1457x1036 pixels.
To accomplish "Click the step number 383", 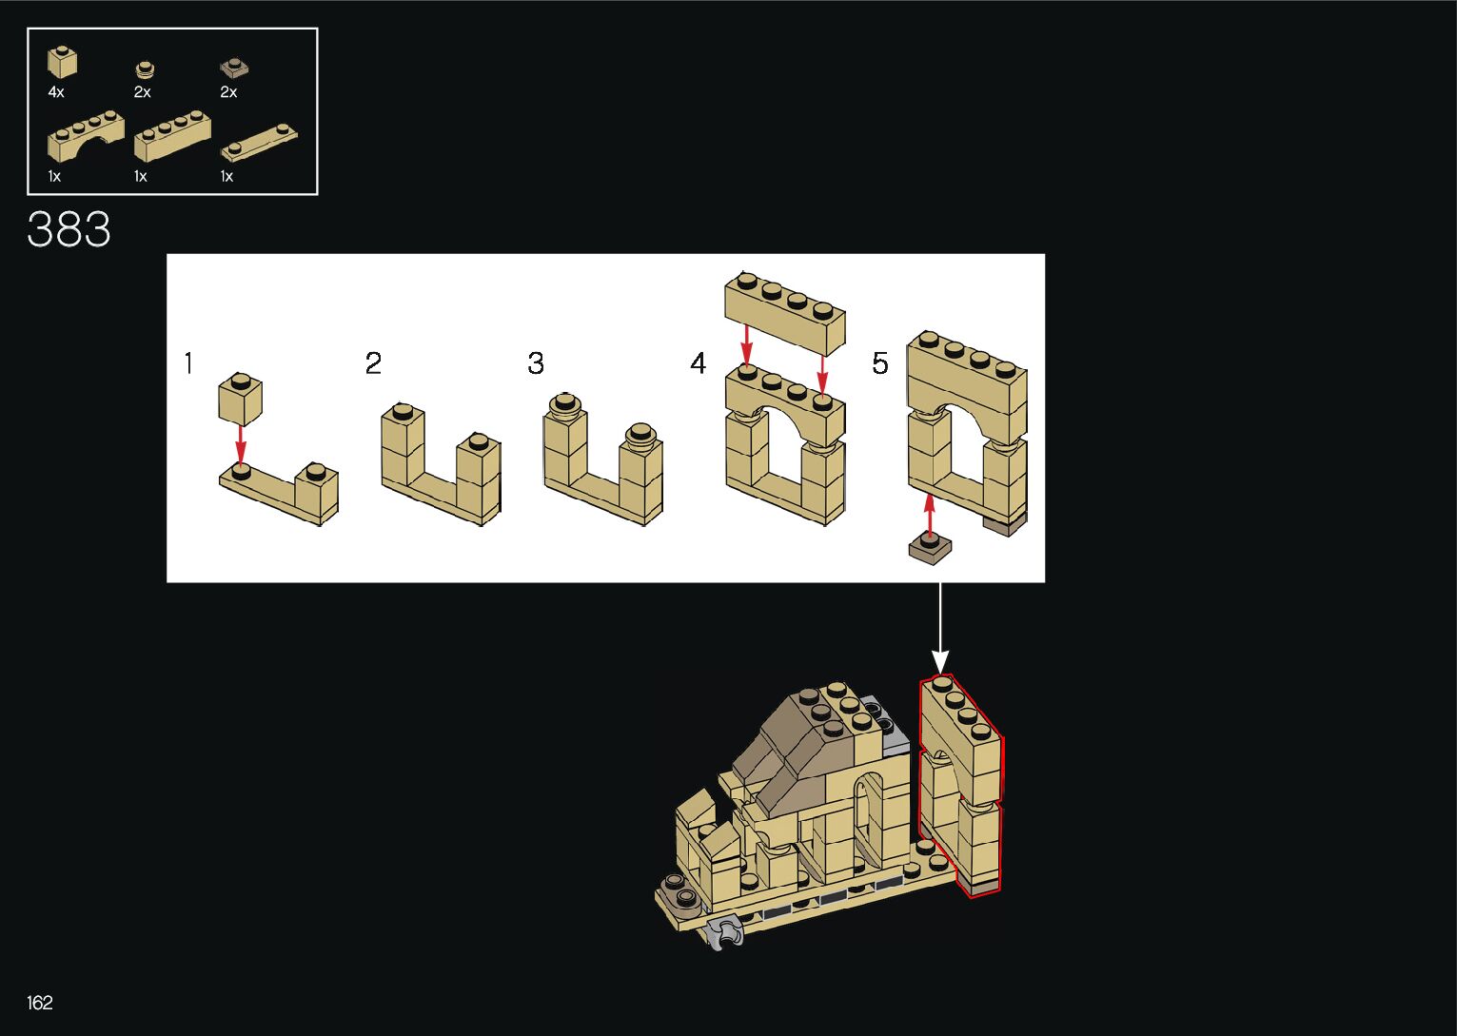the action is [69, 230].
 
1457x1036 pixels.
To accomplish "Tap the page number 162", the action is [40, 1003].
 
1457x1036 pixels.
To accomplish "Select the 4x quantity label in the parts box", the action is [56, 92].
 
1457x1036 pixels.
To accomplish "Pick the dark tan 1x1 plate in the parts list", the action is [234, 68].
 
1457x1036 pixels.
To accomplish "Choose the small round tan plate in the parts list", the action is [145, 69].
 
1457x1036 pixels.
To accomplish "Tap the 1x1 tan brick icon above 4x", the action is [63, 63].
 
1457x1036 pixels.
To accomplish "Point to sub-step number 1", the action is [188, 363].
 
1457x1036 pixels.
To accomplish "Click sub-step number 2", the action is [373, 363].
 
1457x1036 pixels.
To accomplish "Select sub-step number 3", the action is [536, 363].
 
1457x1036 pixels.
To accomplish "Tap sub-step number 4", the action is [699, 363].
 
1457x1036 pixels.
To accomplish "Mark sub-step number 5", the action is [880, 363].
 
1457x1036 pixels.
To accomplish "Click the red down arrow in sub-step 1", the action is [241, 444].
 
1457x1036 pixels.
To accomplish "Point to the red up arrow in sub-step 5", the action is [930, 514].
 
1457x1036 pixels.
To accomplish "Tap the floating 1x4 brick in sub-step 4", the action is [786, 310].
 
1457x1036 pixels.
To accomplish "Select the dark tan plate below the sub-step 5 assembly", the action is [930, 548].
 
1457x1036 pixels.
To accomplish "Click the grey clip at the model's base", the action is [728, 932].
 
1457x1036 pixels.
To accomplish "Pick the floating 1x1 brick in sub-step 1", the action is [241, 399].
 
